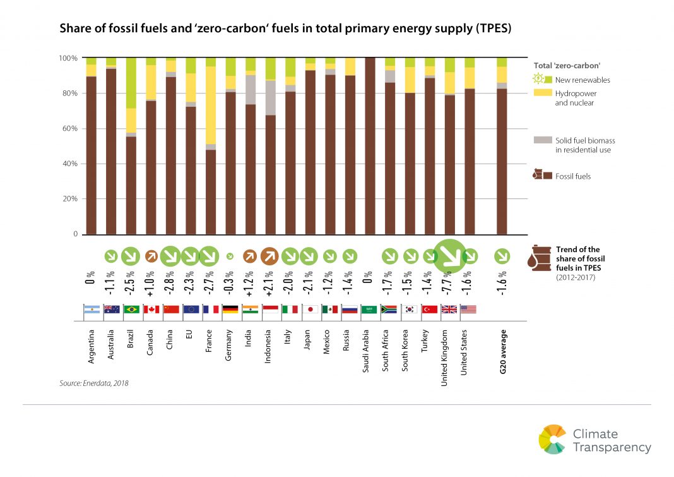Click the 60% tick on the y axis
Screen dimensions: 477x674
tap(69, 129)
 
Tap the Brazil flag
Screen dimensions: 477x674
tap(131, 310)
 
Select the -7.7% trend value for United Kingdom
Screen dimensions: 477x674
tap(449, 280)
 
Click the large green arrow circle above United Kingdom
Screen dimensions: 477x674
tap(449, 257)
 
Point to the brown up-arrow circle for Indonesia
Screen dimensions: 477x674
tap(269, 257)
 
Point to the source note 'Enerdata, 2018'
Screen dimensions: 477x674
tap(94, 383)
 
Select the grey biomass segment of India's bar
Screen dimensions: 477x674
tap(250, 89)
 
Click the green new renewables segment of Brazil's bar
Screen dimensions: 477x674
tap(131, 83)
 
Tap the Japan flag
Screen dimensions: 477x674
tap(309, 310)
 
